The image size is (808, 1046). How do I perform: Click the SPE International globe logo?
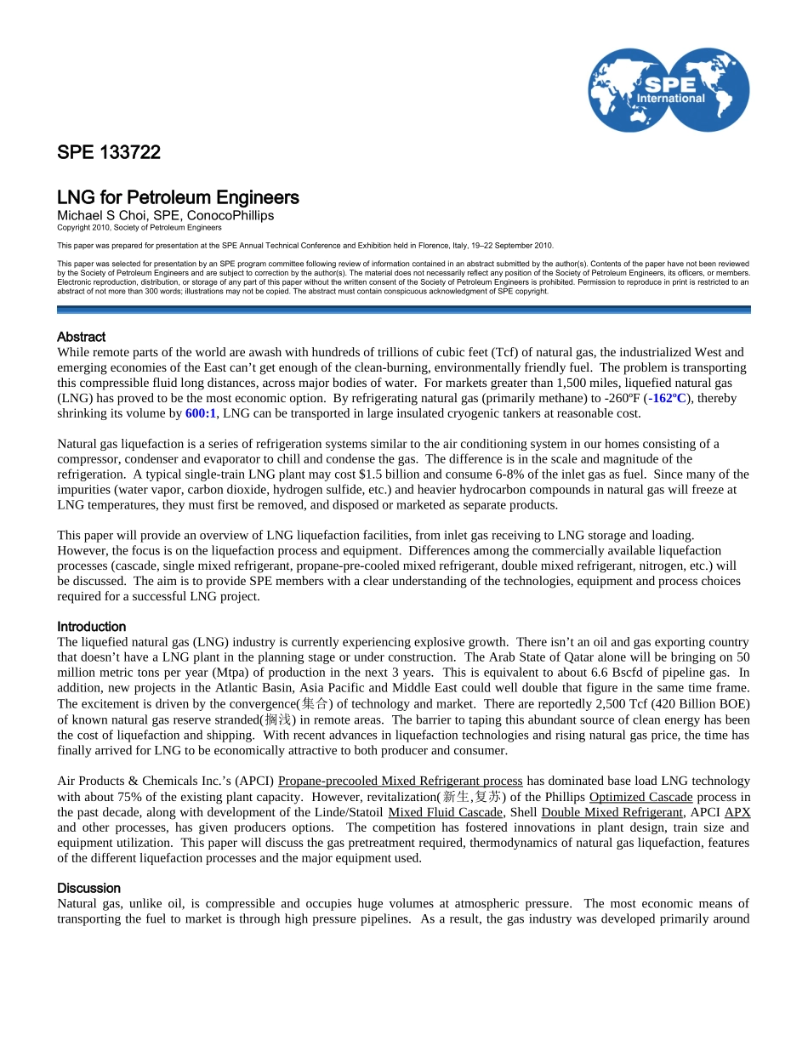(669, 89)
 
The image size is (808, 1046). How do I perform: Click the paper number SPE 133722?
(108, 153)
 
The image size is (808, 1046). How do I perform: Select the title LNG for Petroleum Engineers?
(178, 198)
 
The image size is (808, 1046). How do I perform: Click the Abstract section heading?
(81, 337)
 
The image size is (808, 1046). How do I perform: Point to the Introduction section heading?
(91, 627)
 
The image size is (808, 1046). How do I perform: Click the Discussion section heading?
(88, 888)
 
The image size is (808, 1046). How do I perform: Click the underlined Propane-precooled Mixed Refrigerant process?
(400, 781)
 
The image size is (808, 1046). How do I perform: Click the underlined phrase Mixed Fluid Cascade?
(445, 812)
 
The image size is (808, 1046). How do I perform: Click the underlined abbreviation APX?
(737, 812)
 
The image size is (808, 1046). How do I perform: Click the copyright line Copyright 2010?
(139, 228)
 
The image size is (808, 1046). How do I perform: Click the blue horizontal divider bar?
(403, 310)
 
